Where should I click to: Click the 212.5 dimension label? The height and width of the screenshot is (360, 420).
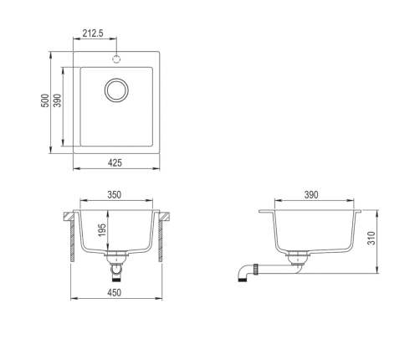(x=93, y=33)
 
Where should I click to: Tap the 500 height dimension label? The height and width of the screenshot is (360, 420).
(x=45, y=100)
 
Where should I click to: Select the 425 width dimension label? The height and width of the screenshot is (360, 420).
(x=115, y=162)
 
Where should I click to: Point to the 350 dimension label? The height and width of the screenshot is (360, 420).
(x=115, y=194)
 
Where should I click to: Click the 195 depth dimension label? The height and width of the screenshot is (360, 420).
(x=102, y=230)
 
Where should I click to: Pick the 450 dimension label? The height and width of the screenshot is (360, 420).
(x=115, y=292)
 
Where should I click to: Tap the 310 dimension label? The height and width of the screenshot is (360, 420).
(x=371, y=238)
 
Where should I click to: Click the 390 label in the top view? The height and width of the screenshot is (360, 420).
(x=58, y=100)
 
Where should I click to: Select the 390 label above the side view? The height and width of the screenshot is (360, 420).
(x=311, y=195)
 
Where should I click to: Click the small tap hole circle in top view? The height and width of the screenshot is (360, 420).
(x=116, y=59)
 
